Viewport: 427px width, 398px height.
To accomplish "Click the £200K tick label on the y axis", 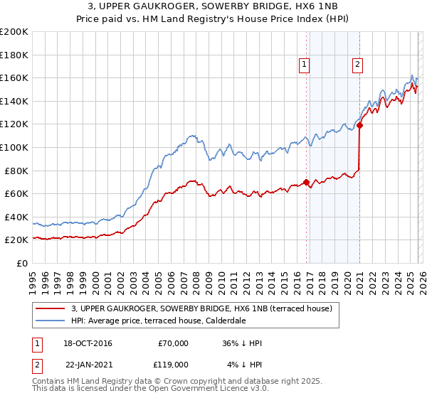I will (x=14, y=32).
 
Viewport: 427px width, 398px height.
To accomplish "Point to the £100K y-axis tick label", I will (x=14, y=147).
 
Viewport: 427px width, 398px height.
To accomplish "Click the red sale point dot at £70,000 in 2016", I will (x=306, y=182).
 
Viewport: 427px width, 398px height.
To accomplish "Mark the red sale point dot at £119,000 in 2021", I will (x=359, y=126).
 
